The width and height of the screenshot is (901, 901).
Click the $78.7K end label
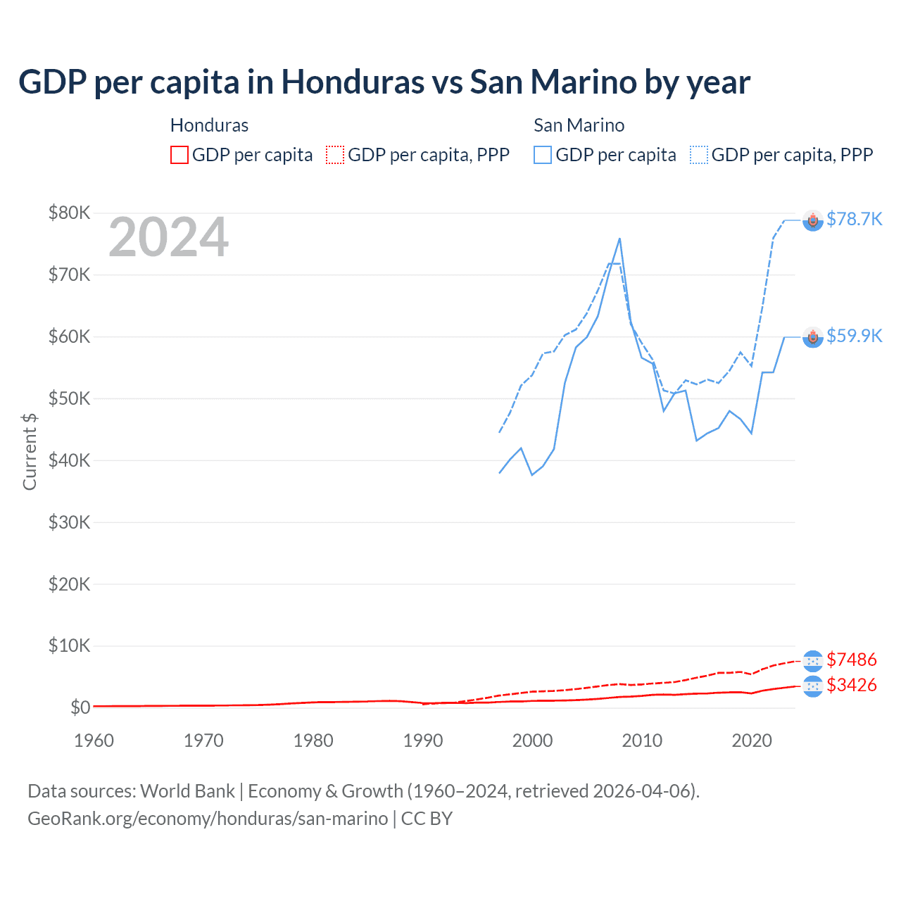pos(854,220)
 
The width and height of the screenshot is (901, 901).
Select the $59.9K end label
pos(854,336)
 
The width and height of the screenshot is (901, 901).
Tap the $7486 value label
pos(851,660)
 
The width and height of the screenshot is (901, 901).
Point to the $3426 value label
pos(851,686)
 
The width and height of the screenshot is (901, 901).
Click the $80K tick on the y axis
pos(69,213)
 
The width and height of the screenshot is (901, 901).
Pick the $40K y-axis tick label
pos(69,460)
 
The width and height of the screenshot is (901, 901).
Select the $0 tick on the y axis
pos(80,707)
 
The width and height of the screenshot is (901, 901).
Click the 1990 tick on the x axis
pos(423,741)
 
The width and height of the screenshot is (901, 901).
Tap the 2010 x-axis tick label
pos(642,741)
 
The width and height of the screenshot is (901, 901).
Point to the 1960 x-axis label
pos(94,741)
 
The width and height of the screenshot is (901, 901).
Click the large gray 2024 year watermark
pos(168,238)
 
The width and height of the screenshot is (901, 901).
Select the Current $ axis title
pos(30,451)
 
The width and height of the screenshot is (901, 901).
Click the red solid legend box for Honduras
pos(179,155)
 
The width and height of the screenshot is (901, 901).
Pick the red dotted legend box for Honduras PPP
pos(335,155)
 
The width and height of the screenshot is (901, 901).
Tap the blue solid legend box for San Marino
pos(543,155)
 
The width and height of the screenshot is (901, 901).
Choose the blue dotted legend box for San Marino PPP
pos(699,155)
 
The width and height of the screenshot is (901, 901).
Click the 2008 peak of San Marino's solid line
pos(619,239)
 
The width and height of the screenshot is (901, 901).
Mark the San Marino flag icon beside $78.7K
pos(813,221)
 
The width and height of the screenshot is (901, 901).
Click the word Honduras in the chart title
pos(353,82)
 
